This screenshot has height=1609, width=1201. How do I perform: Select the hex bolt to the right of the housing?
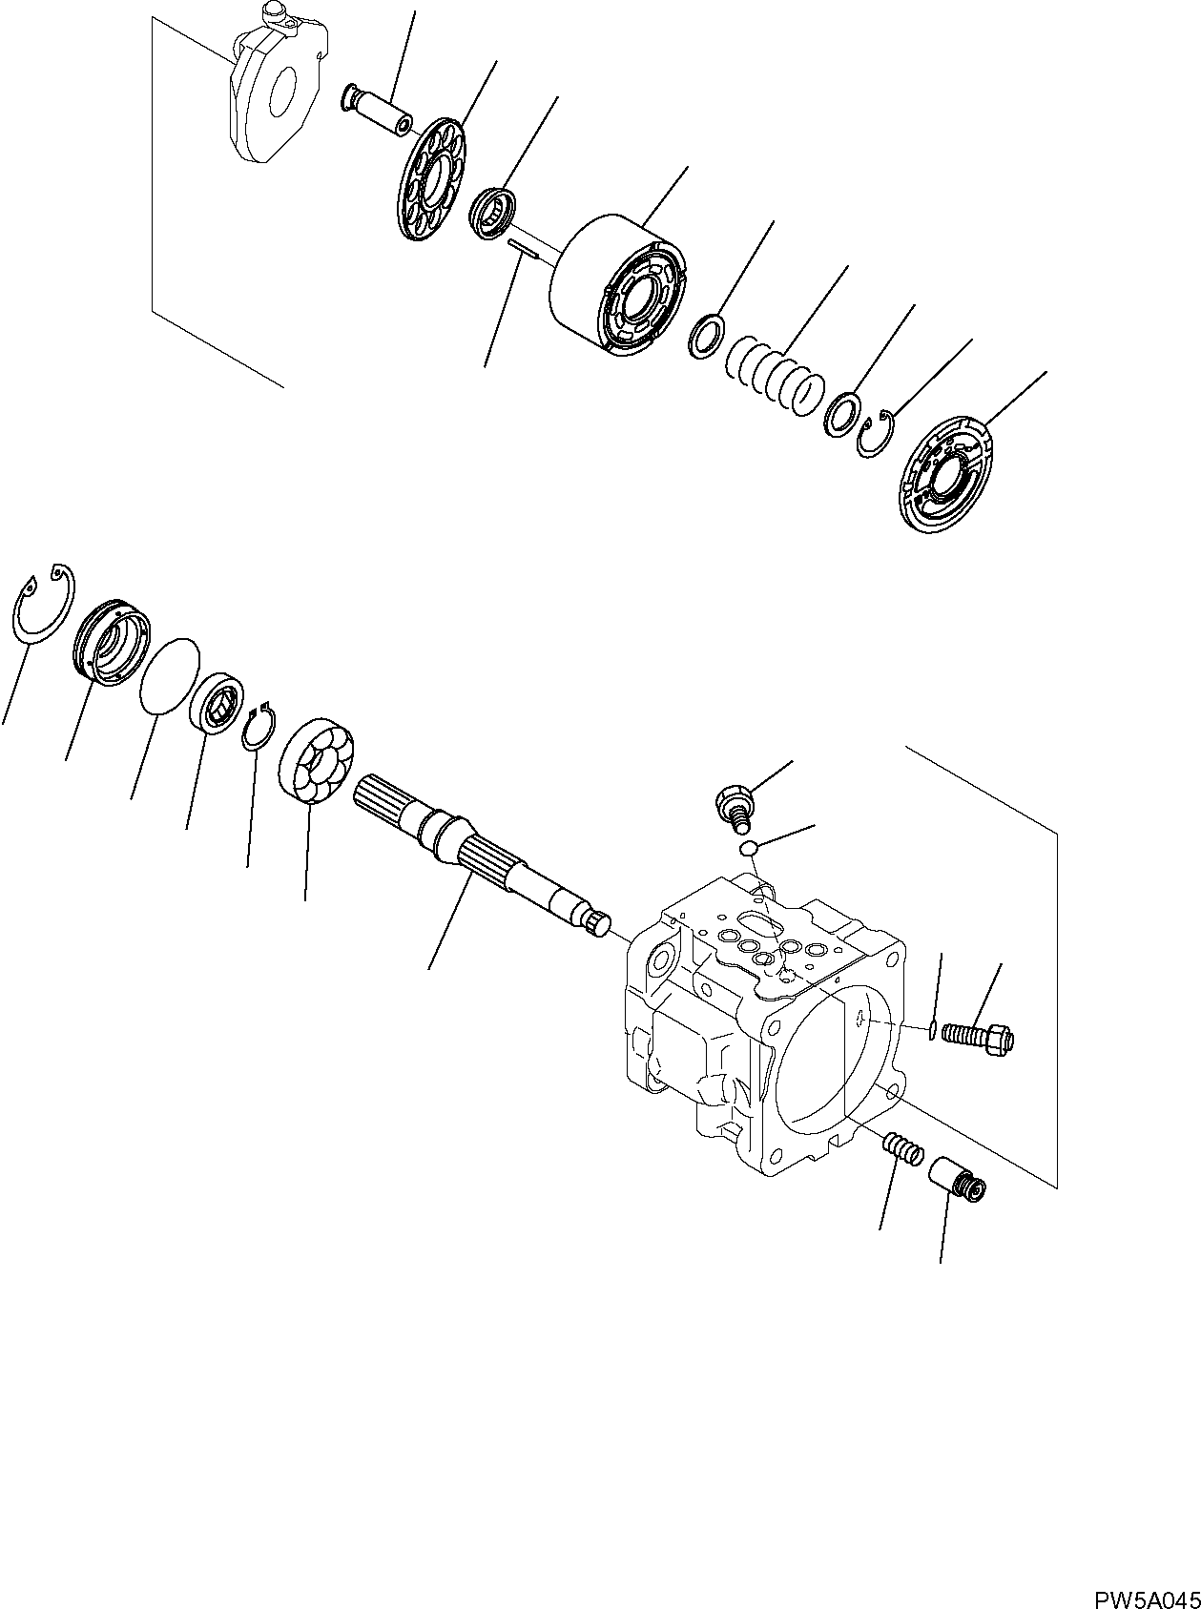click(978, 1037)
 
